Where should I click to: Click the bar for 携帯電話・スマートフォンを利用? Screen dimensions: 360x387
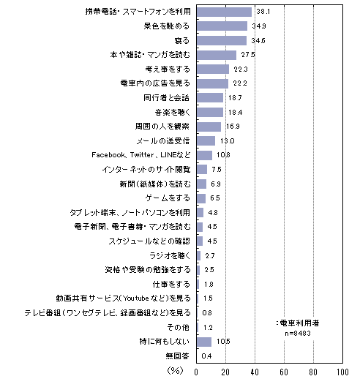click(224, 12)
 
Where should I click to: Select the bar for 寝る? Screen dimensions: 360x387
click(222, 41)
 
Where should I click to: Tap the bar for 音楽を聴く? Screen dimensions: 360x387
click(210, 113)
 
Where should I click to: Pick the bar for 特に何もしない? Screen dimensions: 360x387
click(204, 342)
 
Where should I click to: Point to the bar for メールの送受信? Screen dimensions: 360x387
click(206, 141)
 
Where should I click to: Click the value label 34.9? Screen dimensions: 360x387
click(259, 26)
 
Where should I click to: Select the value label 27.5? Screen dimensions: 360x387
click(248, 55)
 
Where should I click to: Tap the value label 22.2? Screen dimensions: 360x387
click(240, 83)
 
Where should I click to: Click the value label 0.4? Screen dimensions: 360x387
click(206, 356)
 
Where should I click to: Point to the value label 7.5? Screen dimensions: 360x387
click(217, 170)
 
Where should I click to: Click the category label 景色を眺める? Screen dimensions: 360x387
click(167, 26)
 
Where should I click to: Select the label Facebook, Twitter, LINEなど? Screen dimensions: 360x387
click(141, 155)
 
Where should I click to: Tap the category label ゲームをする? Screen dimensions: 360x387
click(168, 198)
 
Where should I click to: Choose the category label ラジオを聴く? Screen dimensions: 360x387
click(170, 256)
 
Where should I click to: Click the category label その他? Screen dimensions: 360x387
click(179, 328)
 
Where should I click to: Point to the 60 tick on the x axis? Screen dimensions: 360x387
click(284, 372)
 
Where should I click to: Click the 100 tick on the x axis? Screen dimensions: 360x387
click(342, 372)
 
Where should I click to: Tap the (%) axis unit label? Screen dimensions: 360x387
click(176, 370)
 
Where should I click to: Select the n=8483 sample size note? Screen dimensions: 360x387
click(298, 334)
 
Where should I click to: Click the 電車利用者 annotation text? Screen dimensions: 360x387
click(299, 323)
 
